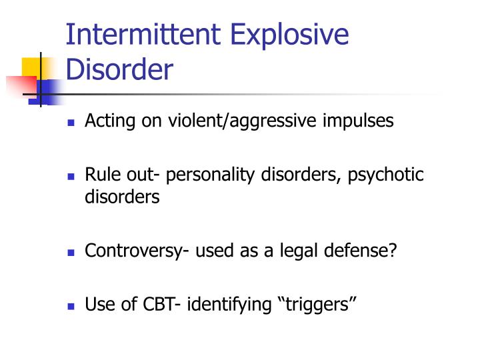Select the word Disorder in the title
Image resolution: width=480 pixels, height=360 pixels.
119,69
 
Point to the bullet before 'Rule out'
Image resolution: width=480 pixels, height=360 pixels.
71,177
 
